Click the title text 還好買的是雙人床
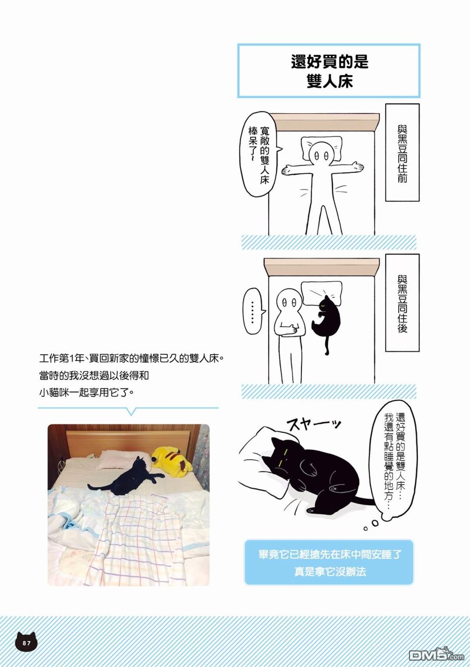coord(329,71)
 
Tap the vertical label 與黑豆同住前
coord(402,153)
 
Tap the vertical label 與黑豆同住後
coord(402,302)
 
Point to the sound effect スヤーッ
coord(313,424)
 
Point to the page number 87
coord(26,643)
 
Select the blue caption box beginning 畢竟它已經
coord(329,563)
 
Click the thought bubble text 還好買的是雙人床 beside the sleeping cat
coord(395,460)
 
